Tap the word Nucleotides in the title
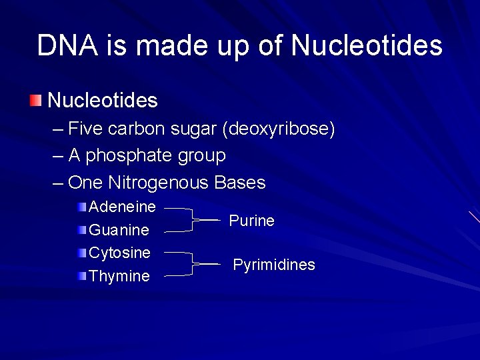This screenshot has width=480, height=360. click(x=367, y=46)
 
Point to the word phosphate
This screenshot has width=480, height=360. click(x=129, y=156)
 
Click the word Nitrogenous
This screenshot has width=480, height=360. click(x=159, y=183)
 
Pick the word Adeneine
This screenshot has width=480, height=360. click(x=122, y=207)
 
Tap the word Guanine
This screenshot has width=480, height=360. click(x=119, y=230)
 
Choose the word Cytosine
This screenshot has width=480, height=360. click(x=119, y=253)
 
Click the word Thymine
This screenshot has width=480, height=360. click(x=119, y=276)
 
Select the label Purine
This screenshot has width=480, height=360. click(x=251, y=221)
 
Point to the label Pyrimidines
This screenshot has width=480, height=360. click(x=273, y=265)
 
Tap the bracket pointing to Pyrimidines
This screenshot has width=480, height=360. click(x=192, y=264)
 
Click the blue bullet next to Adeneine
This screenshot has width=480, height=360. click(x=81, y=207)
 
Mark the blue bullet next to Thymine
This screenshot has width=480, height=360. click(x=81, y=276)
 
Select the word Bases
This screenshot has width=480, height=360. click(x=240, y=183)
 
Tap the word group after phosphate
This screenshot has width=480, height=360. click(x=201, y=156)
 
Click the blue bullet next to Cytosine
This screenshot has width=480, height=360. click(x=81, y=253)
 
